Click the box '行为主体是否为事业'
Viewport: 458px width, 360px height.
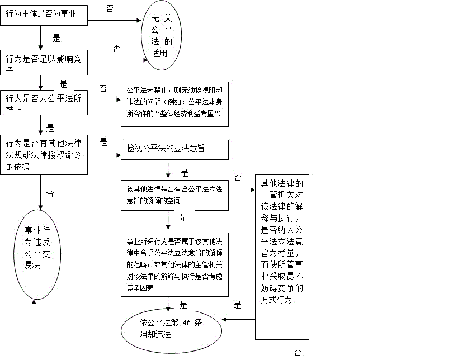(x=44, y=15)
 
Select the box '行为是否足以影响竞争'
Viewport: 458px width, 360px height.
(x=44, y=61)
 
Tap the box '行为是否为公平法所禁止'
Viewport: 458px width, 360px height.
(x=44, y=102)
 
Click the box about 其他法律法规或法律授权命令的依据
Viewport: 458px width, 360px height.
(x=44, y=155)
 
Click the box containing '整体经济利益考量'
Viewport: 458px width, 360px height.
(x=175, y=104)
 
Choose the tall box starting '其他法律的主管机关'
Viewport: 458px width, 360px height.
(x=282, y=257)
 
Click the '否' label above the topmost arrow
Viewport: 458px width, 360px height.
(x=110, y=9)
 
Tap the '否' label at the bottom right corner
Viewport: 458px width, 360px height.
(x=298, y=352)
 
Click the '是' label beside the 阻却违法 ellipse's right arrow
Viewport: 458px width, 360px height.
(x=237, y=305)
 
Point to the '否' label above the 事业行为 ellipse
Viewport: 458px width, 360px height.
(x=50, y=193)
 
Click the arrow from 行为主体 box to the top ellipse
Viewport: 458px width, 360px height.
(x=115, y=21)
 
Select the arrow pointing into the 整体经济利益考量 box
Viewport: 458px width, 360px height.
(x=105, y=101)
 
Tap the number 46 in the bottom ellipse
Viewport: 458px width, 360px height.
(x=188, y=322)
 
